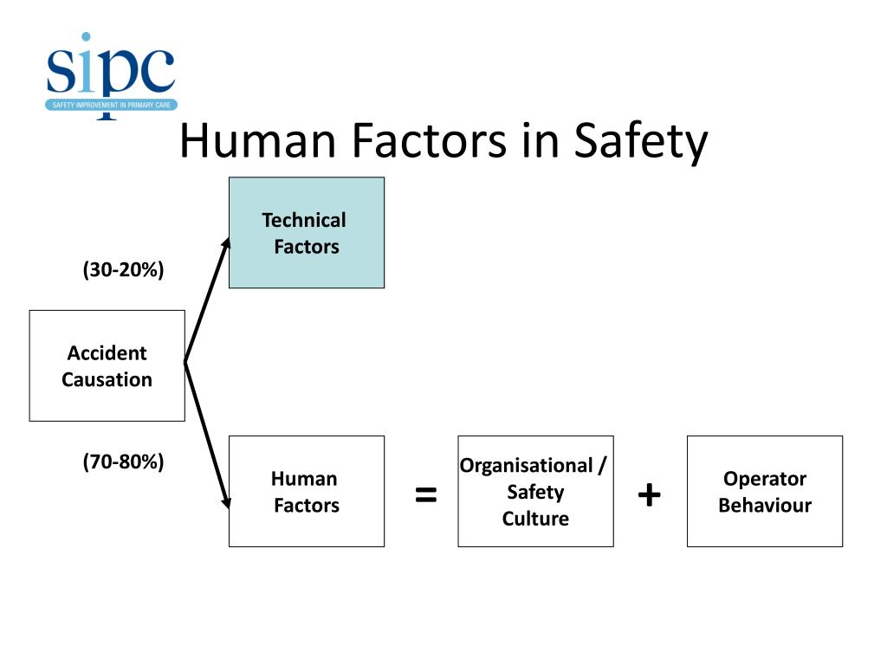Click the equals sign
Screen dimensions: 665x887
[x=425, y=496]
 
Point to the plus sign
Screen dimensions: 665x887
[x=649, y=495]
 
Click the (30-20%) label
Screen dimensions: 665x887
[x=123, y=270]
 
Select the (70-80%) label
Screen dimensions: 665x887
[x=123, y=462]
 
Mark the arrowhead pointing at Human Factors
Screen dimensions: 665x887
[x=228, y=501]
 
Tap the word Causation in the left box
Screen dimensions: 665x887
[x=107, y=379]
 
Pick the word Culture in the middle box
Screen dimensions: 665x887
[x=535, y=519]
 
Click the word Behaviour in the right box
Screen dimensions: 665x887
[x=764, y=506]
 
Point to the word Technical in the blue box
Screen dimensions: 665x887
[x=304, y=220]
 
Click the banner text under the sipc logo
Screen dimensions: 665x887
[x=112, y=105]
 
